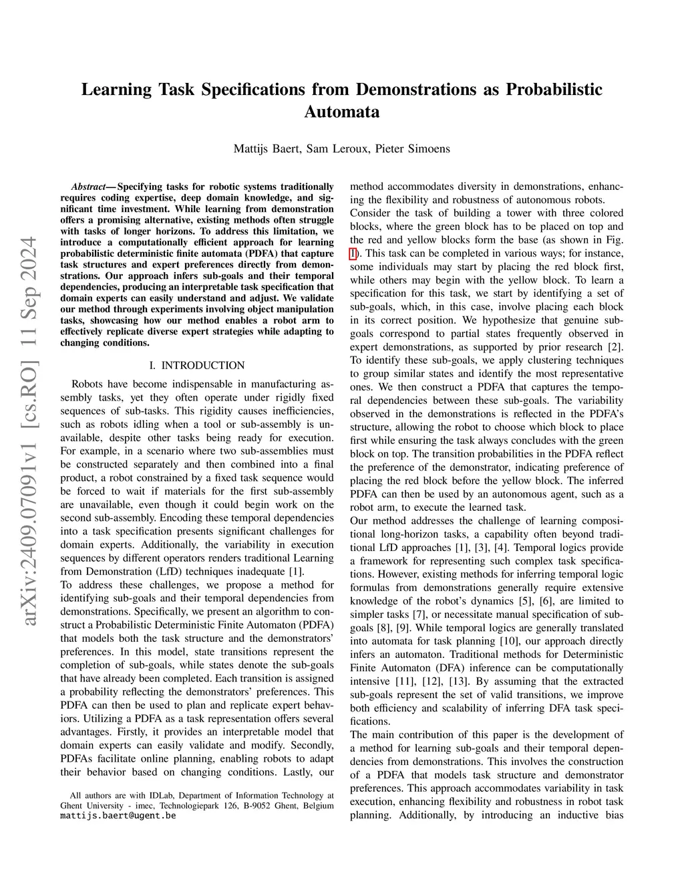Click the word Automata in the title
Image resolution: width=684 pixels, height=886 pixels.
pyautogui.click(x=341, y=112)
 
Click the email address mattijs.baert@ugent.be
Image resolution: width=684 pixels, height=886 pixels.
pyautogui.click(x=118, y=816)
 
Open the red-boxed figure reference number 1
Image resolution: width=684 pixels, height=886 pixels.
pyautogui.click(x=353, y=253)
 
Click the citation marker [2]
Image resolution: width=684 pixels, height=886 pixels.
pyautogui.click(x=614, y=347)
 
